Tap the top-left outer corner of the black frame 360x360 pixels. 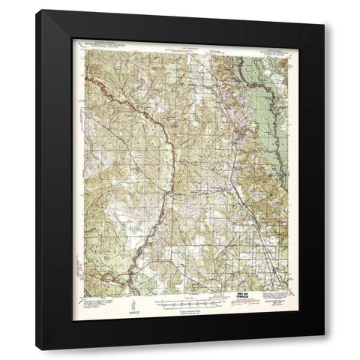[38, 10]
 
